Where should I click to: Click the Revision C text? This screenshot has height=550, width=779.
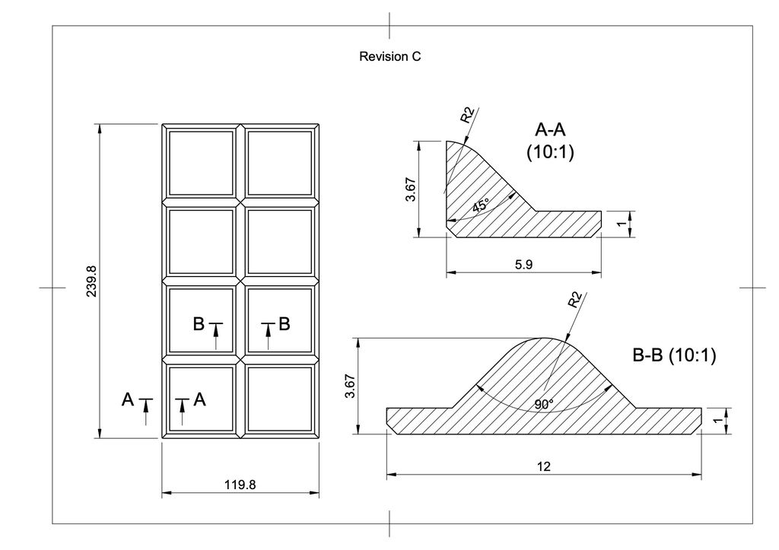click(x=390, y=56)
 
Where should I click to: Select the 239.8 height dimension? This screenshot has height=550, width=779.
click(x=92, y=281)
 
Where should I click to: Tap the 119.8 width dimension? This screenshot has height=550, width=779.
click(x=240, y=485)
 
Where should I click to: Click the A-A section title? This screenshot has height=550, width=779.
click(x=550, y=129)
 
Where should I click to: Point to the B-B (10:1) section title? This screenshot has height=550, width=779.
click(x=674, y=355)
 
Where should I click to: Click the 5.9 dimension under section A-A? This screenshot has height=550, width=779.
click(x=523, y=264)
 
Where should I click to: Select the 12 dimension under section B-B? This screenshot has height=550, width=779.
click(x=544, y=466)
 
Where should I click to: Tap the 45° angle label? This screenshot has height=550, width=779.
click(x=481, y=205)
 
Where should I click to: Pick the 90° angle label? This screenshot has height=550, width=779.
click(x=545, y=405)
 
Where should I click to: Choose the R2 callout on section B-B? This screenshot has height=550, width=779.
click(x=575, y=300)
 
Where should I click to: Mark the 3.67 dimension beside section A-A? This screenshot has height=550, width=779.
click(x=410, y=189)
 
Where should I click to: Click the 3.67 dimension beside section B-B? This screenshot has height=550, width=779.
click(x=350, y=386)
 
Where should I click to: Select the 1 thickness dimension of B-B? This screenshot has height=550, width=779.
click(x=717, y=421)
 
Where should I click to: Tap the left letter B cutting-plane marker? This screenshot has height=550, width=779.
click(x=199, y=324)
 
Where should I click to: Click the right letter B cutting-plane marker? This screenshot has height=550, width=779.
click(x=285, y=324)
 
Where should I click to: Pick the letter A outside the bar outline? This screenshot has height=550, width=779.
click(x=128, y=399)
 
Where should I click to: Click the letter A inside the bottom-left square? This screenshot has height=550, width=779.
click(x=200, y=399)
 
